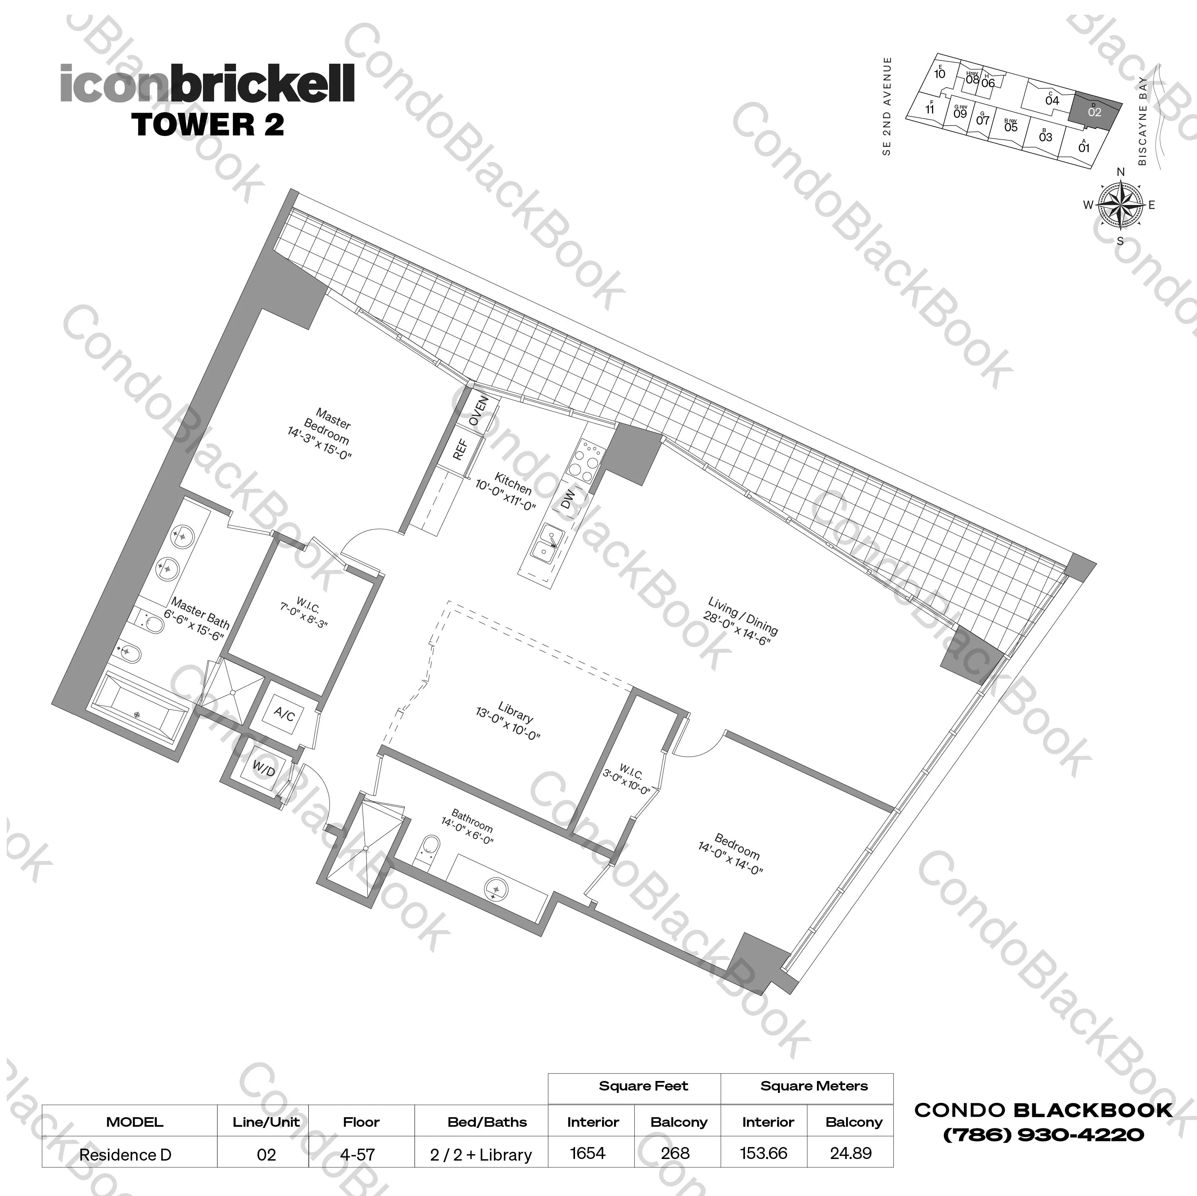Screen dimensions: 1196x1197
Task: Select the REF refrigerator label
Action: point(460,449)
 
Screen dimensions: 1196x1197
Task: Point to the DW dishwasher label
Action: point(567,499)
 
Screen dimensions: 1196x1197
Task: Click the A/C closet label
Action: point(285,714)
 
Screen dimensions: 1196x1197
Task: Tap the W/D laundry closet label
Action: point(263,769)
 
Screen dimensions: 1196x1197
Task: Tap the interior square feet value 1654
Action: point(587,1153)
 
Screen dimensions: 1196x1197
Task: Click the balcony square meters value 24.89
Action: point(851,1153)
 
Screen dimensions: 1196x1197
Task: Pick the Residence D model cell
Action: point(125,1155)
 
